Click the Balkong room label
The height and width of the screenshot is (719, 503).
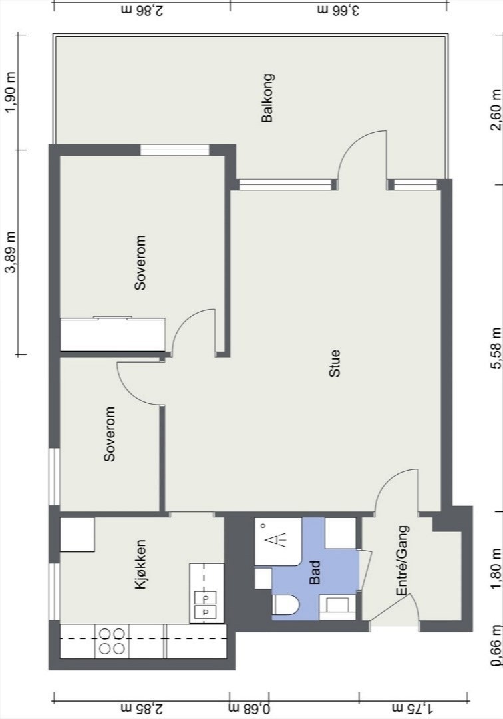(x=267, y=98)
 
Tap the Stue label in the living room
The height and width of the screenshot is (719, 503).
(x=335, y=363)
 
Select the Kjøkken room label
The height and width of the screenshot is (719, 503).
(x=140, y=565)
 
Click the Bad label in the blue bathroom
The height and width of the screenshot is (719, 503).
(x=315, y=573)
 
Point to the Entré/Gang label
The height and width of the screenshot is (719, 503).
(x=403, y=561)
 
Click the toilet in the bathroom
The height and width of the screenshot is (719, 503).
(x=285, y=604)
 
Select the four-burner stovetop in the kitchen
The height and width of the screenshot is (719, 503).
(x=112, y=641)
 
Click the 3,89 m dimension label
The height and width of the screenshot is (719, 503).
(x=11, y=252)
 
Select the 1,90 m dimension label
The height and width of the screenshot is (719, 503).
(x=11, y=92)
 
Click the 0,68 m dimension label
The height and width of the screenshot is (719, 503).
(x=250, y=708)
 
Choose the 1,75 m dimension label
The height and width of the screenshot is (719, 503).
(x=412, y=708)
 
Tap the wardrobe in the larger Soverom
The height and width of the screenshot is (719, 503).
(x=112, y=334)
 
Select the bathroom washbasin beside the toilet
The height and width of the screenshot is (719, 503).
(x=337, y=606)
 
